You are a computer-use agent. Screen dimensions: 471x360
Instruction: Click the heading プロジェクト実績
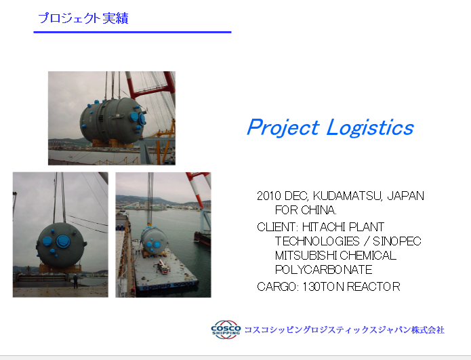tap(83, 18)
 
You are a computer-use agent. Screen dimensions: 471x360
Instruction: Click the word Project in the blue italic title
tap(283, 127)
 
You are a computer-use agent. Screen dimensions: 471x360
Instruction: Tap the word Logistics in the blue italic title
tap(370, 127)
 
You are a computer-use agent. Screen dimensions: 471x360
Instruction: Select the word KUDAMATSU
tap(347, 196)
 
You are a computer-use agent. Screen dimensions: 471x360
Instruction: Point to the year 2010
tap(269, 196)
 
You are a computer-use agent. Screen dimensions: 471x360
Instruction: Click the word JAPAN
tap(405, 196)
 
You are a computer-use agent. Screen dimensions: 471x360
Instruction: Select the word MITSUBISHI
tap(306, 256)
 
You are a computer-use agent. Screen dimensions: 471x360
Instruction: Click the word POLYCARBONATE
tap(324, 270)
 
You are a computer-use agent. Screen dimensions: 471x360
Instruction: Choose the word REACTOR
tap(373, 287)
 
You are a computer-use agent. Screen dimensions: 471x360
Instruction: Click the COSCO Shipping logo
tap(226, 329)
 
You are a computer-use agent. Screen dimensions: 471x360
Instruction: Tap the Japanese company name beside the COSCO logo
tap(344, 330)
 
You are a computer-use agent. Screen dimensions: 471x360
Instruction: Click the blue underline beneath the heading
tap(132, 32)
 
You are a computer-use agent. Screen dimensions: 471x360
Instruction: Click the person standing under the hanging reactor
tap(75, 281)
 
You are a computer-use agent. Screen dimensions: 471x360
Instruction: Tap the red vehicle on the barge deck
tap(162, 267)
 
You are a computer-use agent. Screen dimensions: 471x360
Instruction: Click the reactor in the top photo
tap(112, 120)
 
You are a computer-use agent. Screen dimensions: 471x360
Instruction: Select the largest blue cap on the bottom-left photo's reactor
tap(64, 241)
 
